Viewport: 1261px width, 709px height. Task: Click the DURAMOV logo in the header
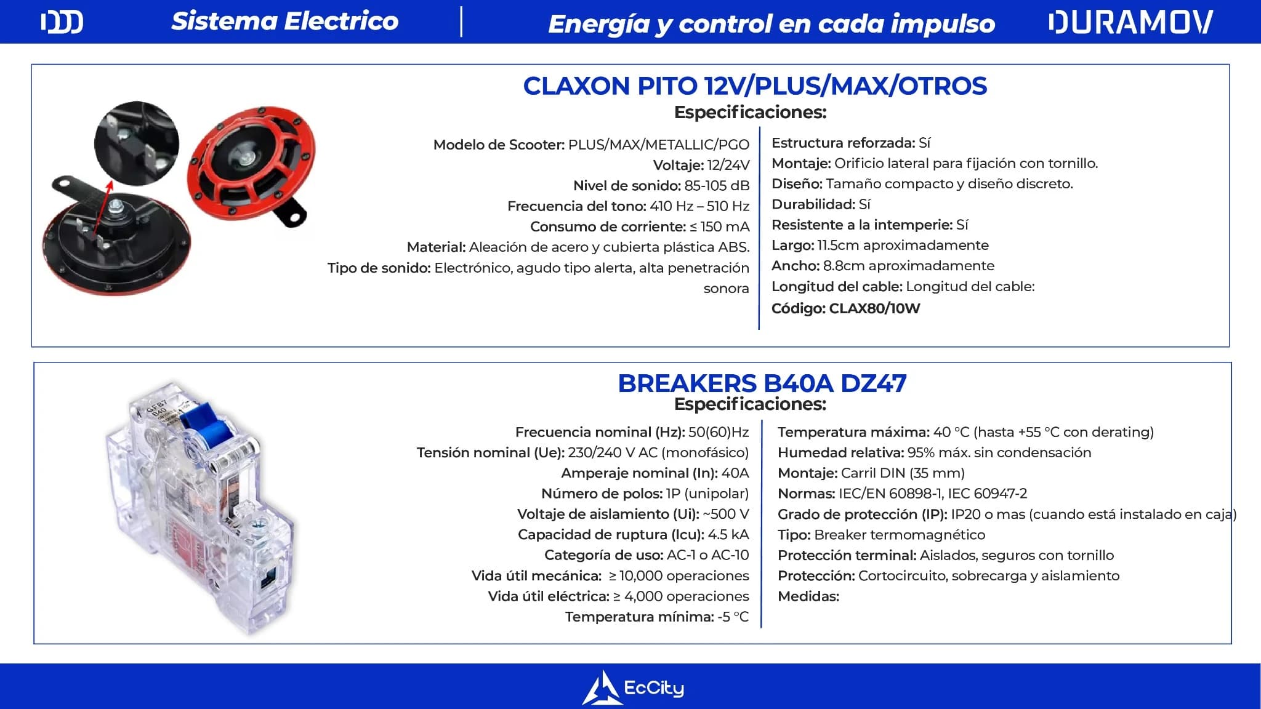[1130, 22]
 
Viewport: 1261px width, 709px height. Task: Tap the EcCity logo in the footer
[633, 687]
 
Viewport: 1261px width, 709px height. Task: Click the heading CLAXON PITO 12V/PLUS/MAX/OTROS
[755, 86]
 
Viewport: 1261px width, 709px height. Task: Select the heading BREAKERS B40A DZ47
[762, 383]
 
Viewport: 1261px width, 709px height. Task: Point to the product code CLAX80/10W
[874, 308]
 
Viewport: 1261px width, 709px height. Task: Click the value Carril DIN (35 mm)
[903, 473]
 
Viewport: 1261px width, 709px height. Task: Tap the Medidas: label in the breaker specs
[808, 596]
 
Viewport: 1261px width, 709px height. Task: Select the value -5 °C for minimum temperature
[733, 617]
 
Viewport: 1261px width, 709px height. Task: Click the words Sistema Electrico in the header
[285, 21]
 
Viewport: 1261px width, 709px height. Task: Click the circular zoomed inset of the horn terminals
[137, 143]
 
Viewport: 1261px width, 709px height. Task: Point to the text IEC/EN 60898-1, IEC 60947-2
[933, 494]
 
